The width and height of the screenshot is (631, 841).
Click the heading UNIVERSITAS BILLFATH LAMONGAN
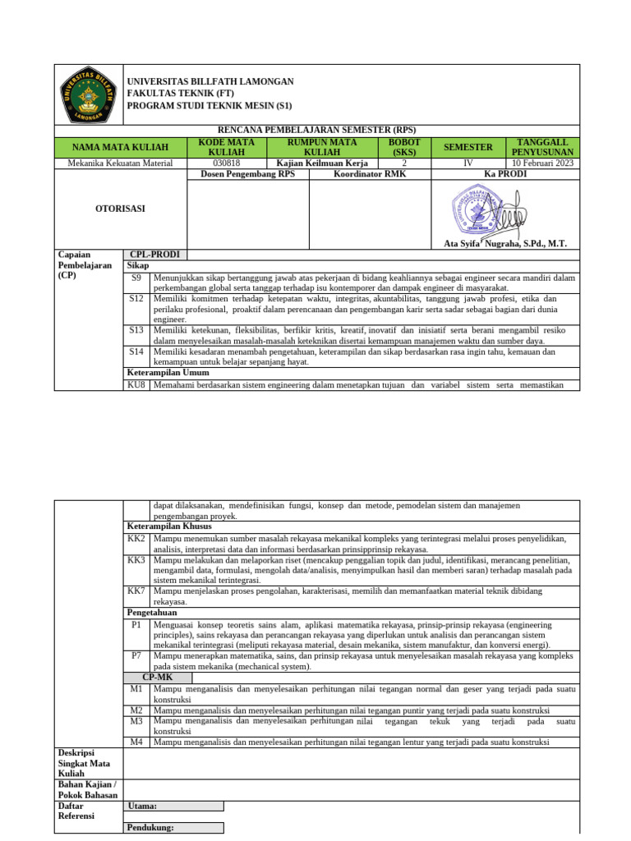click(x=210, y=82)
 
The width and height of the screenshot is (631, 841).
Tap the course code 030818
click(x=227, y=163)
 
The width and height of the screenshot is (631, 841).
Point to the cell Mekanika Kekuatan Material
click(x=121, y=163)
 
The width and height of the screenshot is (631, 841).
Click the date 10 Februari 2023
click(x=542, y=163)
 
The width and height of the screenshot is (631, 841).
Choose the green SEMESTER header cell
click(x=467, y=147)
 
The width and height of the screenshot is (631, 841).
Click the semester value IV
click(x=467, y=163)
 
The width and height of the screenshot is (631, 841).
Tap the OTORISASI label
click(x=121, y=209)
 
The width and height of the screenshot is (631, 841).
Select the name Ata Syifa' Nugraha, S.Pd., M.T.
click(x=505, y=244)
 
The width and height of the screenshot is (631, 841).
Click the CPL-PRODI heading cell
click(x=154, y=255)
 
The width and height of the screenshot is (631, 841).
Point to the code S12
click(x=136, y=299)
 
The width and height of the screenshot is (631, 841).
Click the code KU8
click(x=136, y=384)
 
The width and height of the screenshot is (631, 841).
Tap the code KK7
click(x=136, y=591)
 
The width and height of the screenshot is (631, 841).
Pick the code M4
click(x=136, y=742)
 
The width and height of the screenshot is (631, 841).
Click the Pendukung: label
click(x=150, y=827)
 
